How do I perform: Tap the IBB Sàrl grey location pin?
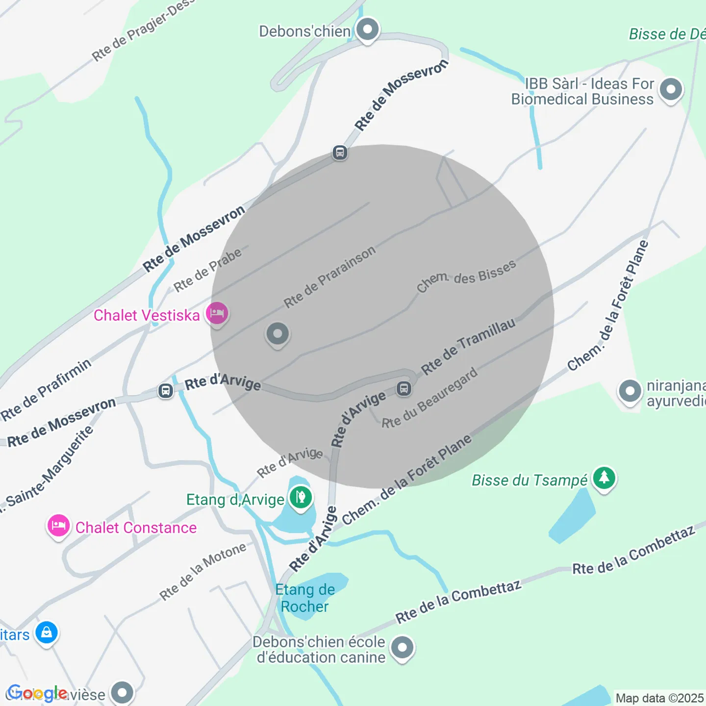(671, 90)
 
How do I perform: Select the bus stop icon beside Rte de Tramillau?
(404, 389)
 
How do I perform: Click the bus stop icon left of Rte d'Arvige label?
(166, 391)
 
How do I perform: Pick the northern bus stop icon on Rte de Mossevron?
(340, 152)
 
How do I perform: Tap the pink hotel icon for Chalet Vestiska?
(217, 313)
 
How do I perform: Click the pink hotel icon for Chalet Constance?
(58, 526)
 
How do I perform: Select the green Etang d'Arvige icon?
(301, 498)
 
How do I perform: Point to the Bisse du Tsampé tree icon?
(604, 478)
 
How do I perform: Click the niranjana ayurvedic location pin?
(630, 391)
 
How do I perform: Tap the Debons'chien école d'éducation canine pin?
(403, 648)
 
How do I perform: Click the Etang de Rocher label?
(305, 598)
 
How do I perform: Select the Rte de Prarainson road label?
(329, 277)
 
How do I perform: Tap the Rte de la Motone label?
(202, 572)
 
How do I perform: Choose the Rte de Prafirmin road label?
(46, 390)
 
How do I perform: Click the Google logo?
(37, 693)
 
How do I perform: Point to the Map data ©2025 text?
(659, 698)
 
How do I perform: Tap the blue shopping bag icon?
(47, 632)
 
